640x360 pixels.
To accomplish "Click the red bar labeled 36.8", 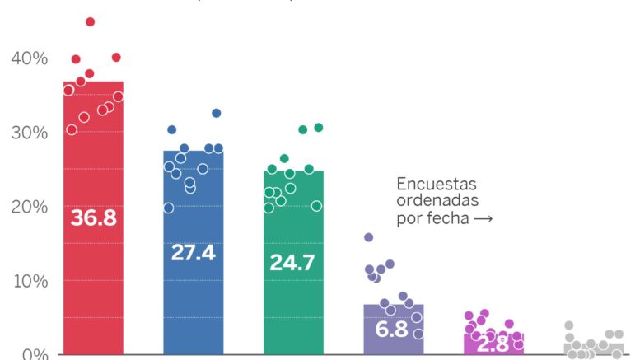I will point(93,272).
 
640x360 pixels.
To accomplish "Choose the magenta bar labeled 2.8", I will point(493,346).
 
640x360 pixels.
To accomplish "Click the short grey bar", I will point(594,349).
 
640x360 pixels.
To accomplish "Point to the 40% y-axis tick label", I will point(29,58).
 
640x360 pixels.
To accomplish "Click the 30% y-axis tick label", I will point(29,133).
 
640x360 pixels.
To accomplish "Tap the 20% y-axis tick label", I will point(29,207).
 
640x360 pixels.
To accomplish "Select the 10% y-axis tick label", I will point(29,281).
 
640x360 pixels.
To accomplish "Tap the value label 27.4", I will point(193,253).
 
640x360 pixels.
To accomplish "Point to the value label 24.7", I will point(293,264).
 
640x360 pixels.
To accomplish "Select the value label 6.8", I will point(394,330).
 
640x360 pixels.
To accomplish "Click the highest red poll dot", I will point(91,21).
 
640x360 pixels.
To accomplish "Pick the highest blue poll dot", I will point(217,113).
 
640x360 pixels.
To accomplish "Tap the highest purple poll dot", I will point(368,237).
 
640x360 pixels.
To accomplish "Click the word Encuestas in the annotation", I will point(437,184).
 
